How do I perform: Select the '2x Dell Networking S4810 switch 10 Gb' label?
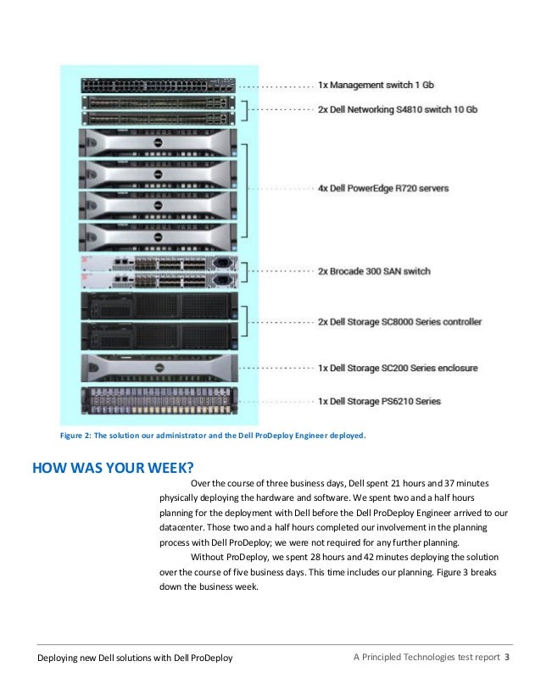tap(398, 110)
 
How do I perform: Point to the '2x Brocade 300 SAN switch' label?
tap(374, 271)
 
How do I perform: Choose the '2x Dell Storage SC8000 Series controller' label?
tap(399, 321)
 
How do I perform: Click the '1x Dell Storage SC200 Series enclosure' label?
tap(398, 368)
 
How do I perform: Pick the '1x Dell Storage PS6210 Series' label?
tap(379, 401)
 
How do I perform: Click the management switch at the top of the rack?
tap(159, 85)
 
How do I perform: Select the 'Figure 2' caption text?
tap(212, 436)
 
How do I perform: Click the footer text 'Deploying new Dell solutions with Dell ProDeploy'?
tap(135, 658)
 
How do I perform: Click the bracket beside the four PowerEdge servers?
tap(245, 187)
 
